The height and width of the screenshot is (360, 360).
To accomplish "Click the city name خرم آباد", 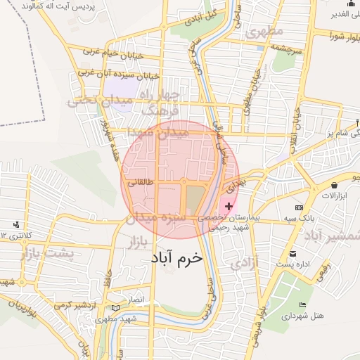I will tap(176, 257).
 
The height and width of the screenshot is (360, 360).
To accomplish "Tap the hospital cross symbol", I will tap(228, 205).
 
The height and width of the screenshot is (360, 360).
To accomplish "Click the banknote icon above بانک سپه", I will tap(300, 209).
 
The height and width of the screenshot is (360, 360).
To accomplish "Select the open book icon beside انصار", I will tap(115, 307).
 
